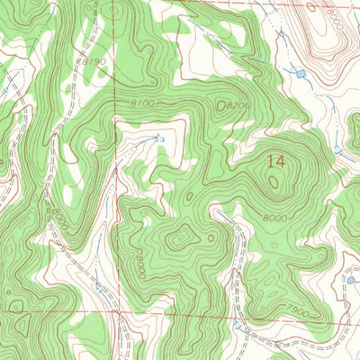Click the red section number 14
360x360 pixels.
pos(275,161)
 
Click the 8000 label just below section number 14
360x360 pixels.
pos(276,219)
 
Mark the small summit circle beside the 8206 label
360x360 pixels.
pos(221,106)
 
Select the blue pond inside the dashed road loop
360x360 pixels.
pos(351,281)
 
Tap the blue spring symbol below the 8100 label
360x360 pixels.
pos(159,139)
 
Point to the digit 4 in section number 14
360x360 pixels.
pos(281,161)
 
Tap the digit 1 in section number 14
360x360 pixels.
pos(269,161)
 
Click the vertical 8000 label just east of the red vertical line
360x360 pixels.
pos(141,263)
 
